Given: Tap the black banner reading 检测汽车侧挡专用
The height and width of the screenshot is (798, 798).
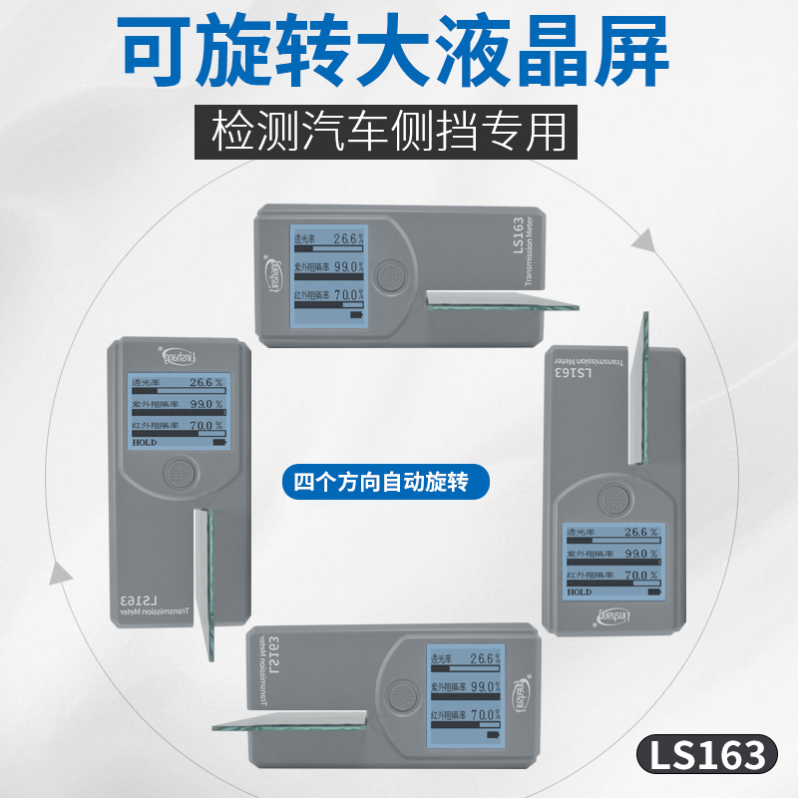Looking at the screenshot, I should coord(396,132).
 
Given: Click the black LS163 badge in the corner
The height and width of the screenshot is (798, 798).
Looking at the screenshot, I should coord(705,755).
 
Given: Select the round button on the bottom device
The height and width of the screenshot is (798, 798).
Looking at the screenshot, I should coord(401,693).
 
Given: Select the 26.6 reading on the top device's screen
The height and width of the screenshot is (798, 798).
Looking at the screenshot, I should coord(345,238).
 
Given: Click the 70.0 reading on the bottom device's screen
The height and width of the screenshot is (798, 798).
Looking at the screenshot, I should coord(485,715).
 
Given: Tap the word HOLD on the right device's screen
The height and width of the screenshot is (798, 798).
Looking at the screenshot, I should coord(580,592).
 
